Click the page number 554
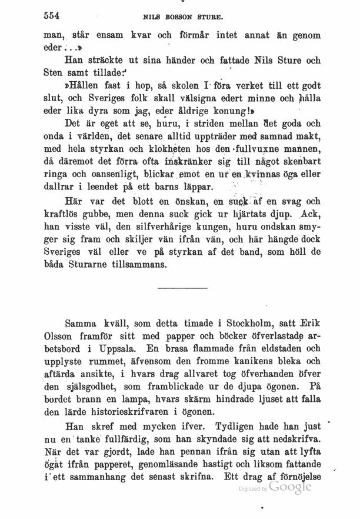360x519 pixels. tap(54, 15)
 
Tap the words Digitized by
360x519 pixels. tap(252, 489)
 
